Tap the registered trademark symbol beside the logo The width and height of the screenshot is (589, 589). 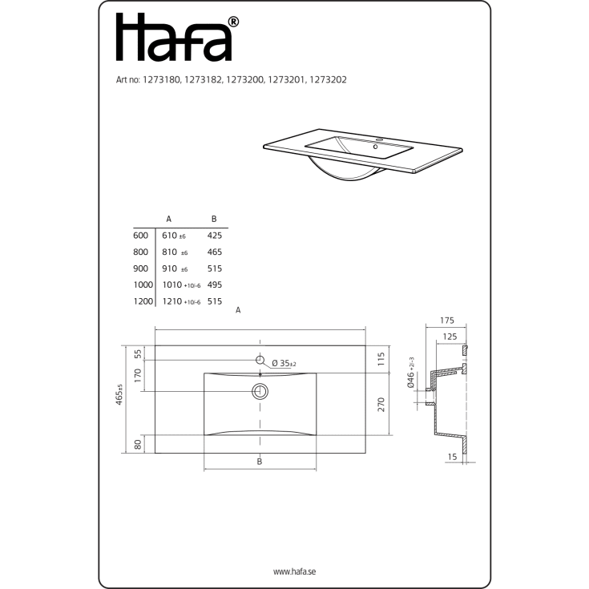233,22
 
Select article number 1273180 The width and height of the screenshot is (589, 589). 163,80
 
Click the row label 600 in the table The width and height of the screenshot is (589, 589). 141,236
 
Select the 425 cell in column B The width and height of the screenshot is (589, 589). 214,236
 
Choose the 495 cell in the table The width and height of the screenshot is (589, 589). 214,284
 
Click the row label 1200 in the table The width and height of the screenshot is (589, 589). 143,301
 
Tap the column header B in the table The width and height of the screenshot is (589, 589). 213,218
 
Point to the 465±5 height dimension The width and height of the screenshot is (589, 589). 120,396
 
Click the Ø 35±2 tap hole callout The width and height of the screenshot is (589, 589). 284,363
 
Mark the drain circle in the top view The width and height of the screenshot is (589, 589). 260,391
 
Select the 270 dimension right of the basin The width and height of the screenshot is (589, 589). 381,405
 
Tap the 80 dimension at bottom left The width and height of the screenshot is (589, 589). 138,444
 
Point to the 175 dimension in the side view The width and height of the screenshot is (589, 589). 447,321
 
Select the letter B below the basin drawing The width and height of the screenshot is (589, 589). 260,462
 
